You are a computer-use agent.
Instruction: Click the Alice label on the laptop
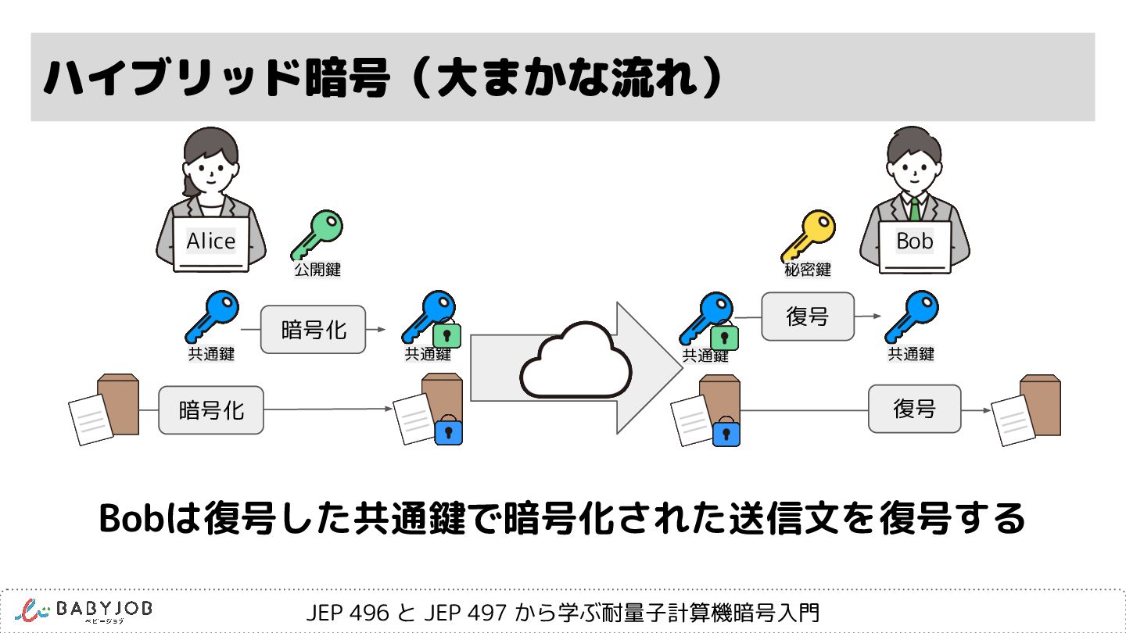click(x=210, y=241)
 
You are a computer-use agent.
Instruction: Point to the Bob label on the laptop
click(x=915, y=241)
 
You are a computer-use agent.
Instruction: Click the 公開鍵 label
click(x=317, y=270)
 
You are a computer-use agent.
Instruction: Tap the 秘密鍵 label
click(x=808, y=270)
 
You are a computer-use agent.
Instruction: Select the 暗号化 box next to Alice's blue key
click(x=313, y=329)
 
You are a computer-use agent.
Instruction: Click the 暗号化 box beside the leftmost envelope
click(x=211, y=409)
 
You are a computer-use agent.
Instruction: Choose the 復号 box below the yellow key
click(x=808, y=316)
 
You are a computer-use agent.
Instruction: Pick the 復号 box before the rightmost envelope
click(x=914, y=408)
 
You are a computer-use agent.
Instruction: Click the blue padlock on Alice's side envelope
click(x=448, y=431)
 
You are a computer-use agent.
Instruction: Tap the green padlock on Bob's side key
click(x=725, y=337)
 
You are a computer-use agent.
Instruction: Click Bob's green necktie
click(x=914, y=209)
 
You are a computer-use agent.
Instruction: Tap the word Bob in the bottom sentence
click(x=128, y=518)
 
